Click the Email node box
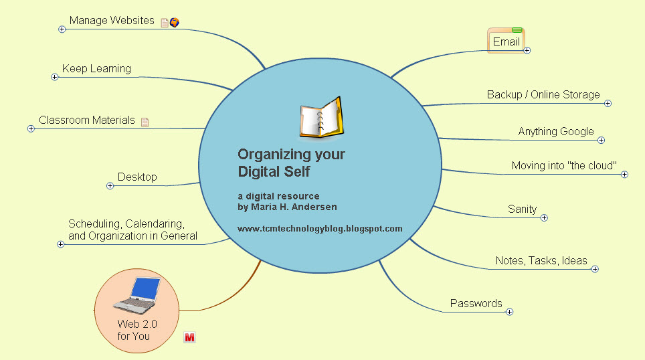pos(506,41)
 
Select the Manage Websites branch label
pos(112,21)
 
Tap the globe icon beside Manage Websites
pos(175,22)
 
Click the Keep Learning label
pos(96,68)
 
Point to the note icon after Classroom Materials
pos(145,122)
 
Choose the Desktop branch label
pos(137,177)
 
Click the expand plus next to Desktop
pos(110,185)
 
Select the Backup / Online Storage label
pos(543,95)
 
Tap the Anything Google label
pos(555,132)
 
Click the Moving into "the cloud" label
pos(563,166)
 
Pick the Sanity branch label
pos(522,209)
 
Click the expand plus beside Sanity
pos(544,217)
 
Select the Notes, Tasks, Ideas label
pos(541,260)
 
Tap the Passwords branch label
pos(476,303)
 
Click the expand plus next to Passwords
pos(509,311)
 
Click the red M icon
pos(189,337)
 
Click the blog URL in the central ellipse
pos(320,228)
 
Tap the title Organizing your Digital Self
pos(291,163)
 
